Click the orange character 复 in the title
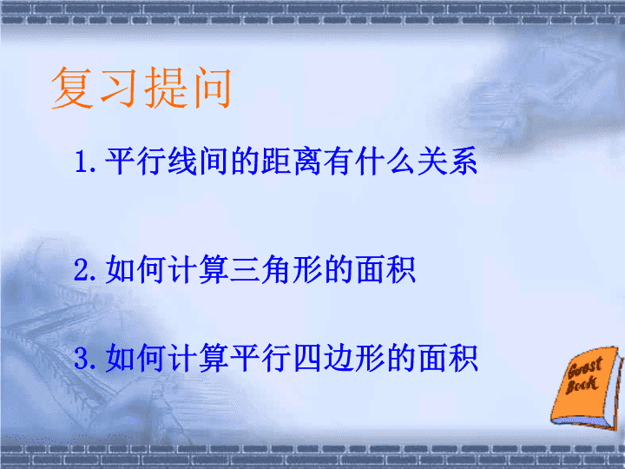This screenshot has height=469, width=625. (x=73, y=88)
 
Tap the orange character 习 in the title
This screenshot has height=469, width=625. (x=118, y=88)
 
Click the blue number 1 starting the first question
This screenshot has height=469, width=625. (x=82, y=162)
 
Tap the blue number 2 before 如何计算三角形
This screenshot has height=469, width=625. (x=82, y=270)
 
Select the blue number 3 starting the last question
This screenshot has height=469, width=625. (x=82, y=358)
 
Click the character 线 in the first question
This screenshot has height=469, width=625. (x=182, y=162)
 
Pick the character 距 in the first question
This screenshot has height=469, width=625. (x=276, y=162)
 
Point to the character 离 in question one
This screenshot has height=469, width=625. (x=307, y=162)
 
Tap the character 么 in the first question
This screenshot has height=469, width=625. (x=401, y=162)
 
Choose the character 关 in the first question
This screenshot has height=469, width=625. (x=431, y=162)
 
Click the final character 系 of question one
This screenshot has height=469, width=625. (x=464, y=162)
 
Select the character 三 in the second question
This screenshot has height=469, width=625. (x=245, y=270)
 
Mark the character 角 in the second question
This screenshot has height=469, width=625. (x=276, y=269)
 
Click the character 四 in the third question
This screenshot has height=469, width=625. (x=307, y=358)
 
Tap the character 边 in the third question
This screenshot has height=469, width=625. (x=339, y=358)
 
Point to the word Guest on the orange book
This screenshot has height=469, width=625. (x=585, y=367)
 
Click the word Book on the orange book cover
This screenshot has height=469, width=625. (x=582, y=384)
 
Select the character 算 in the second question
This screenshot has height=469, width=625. (x=214, y=269)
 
